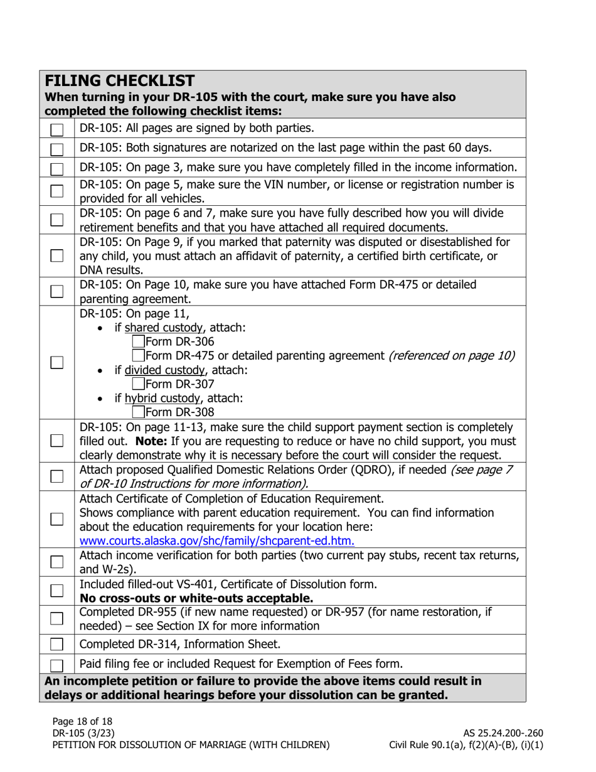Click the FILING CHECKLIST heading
[120, 80]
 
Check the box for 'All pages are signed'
[57, 130]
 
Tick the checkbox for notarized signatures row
[57, 149]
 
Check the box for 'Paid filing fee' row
[57, 665]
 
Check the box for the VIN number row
[57, 191]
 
